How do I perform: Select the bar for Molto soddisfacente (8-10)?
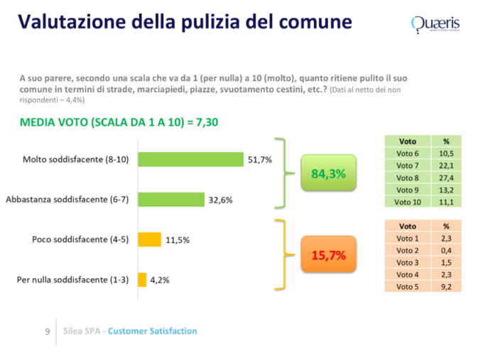(190, 159)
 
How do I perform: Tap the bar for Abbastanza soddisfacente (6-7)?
(170, 200)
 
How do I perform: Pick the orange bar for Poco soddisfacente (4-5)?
(149, 239)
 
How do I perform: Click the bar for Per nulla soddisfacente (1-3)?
(141, 279)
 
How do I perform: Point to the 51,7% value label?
(259, 159)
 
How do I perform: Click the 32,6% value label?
(220, 200)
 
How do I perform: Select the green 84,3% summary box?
(328, 173)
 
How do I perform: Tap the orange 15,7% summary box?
(328, 255)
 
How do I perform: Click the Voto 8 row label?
(408, 178)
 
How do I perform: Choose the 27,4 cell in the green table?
(446, 178)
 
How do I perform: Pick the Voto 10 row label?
(408, 202)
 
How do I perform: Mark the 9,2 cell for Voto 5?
(446, 286)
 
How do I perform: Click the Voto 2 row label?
(408, 250)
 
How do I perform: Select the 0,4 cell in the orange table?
(446, 250)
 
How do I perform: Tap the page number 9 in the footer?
(47, 332)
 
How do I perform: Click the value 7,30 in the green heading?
(203, 122)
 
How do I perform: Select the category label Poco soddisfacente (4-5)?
(80, 240)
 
